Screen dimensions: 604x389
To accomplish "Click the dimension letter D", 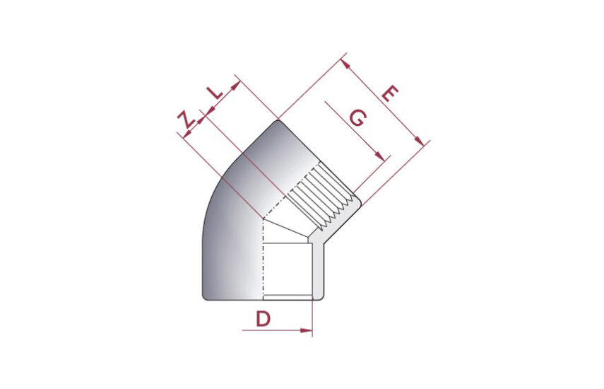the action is [x=263, y=319].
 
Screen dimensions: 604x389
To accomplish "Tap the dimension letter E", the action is [x=390, y=93].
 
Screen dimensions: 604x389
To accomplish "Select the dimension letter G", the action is [x=358, y=117].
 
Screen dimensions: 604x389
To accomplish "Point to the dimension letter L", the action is [x=215, y=93].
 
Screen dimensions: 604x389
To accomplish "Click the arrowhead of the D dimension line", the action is [x=306, y=330].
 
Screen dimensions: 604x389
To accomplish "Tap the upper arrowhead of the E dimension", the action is [x=345, y=64].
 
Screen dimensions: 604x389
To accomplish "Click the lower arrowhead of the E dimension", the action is [x=420, y=141].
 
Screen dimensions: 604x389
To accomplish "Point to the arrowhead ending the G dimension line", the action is [x=380, y=156].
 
